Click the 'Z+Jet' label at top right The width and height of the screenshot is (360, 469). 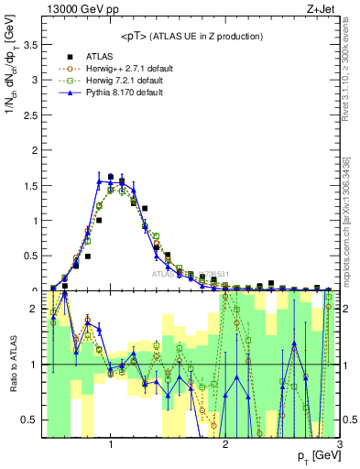click(x=324, y=8)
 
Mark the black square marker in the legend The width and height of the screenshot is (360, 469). click(x=68, y=55)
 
